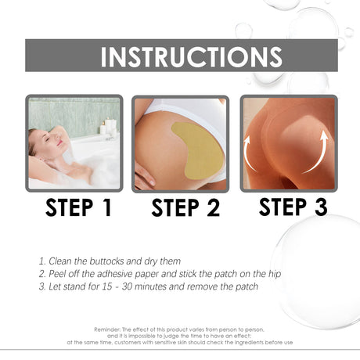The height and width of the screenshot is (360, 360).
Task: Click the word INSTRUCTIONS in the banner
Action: [x=191, y=56]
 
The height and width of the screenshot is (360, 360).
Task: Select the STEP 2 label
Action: [x=185, y=208]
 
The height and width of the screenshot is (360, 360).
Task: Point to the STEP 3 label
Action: [x=293, y=207]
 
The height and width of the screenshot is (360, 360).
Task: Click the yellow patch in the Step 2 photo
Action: [x=198, y=148]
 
